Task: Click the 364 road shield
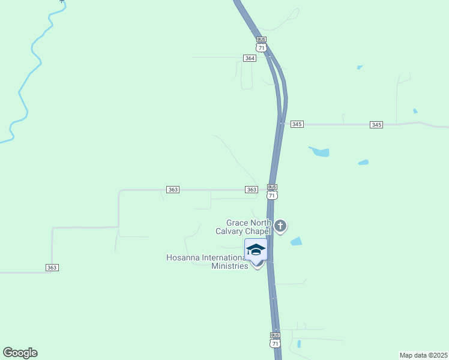coord(250,58)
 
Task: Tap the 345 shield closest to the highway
coord(297,124)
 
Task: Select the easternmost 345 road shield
coord(376,125)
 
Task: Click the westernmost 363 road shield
coord(52,267)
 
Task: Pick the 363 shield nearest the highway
coord(252,190)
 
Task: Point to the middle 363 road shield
coord(173,190)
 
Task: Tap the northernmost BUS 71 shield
coord(261,44)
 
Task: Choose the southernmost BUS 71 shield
coord(275,340)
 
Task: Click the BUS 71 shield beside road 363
coord(272,192)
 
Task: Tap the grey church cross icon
coord(280,226)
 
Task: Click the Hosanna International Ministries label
coord(207,262)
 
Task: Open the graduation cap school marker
coord(256,250)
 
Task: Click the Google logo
coord(20,353)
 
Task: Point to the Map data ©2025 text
coord(423,355)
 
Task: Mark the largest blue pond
coord(319,152)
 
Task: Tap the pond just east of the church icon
coord(296,241)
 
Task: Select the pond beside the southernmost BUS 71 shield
coord(298,344)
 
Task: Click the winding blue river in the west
coord(27,72)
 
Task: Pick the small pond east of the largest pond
coord(363,162)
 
